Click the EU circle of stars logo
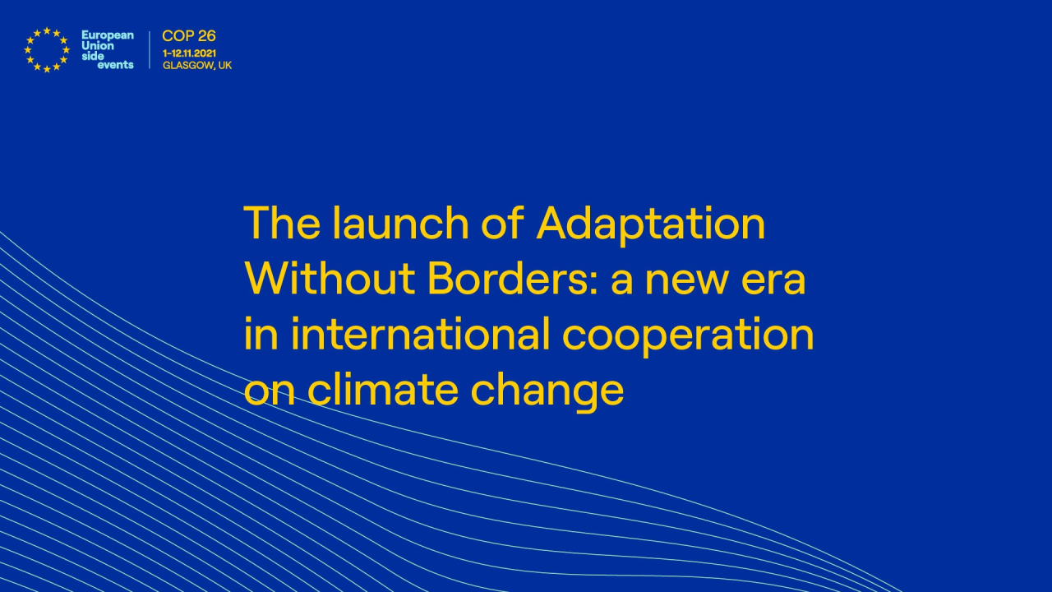47,49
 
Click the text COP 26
189,36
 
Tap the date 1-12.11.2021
190,53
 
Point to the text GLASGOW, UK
197,65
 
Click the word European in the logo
107,35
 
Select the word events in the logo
115,65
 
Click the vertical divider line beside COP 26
150,49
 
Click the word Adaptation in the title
651,224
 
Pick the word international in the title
420,335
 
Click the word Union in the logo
98,45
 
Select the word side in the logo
93,55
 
